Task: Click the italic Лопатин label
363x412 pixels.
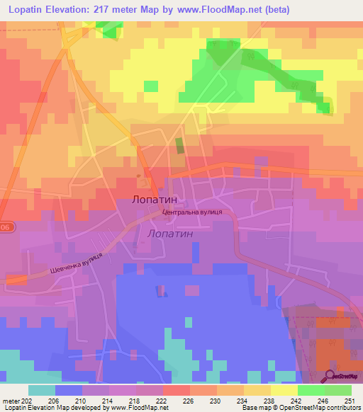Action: tap(169, 232)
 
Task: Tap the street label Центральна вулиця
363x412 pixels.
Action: tap(193, 212)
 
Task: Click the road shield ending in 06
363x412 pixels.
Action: tap(6, 227)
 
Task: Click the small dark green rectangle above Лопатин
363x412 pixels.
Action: tap(179, 147)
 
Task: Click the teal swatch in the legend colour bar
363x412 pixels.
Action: tap(42, 390)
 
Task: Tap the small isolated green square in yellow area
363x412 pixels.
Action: tap(151, 86)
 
